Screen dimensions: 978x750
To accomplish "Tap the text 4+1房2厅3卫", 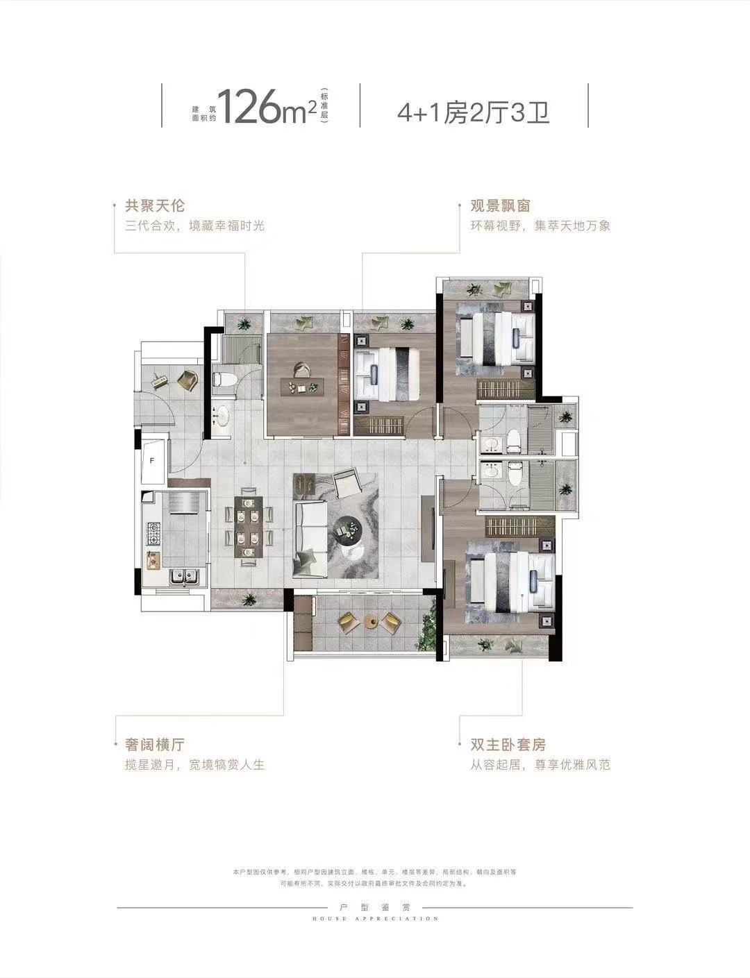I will pyautogui.click(x=474, y=111).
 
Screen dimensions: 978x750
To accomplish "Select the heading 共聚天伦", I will pyautogui.click(x=155, y=206).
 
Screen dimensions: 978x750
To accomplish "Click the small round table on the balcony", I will pyautogui.click(x=370, y=623).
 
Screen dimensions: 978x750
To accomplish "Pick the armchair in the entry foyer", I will pyautogui.click(x=187, y=380).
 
